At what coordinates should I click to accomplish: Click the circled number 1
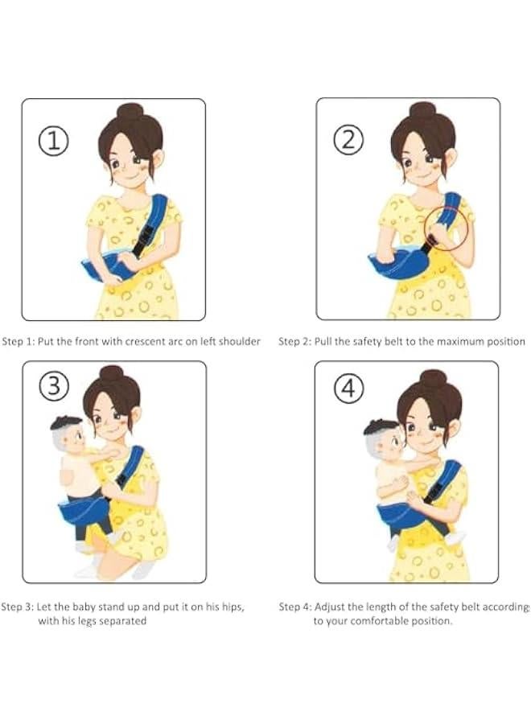(x=54, y=142)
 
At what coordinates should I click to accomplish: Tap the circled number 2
(x=348, y=141)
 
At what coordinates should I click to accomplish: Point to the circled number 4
(x=348, y=389)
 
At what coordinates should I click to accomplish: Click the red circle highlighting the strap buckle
(x=446, y=228)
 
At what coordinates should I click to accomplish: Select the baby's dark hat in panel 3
(x=66, y=422)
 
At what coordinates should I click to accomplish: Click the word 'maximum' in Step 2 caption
(x=455, y=341)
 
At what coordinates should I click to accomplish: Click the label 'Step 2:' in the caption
(x=295, y=341)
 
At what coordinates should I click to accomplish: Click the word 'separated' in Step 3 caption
(x=124, y=621)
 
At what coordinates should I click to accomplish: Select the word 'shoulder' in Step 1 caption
(x=239, y=341)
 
